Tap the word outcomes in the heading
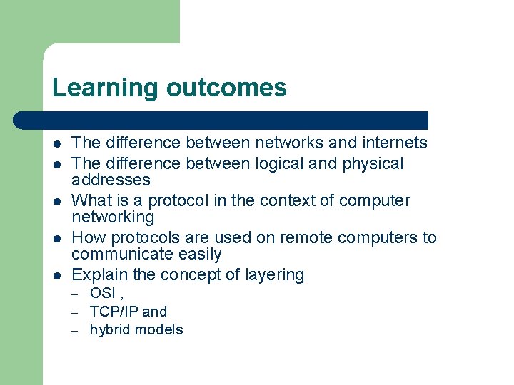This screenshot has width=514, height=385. [226, 88]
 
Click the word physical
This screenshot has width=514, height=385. [373, 163]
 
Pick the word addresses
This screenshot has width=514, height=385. [111, 180]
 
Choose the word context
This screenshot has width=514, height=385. [291, 200]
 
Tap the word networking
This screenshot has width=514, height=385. [113, 217]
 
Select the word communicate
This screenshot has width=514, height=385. [120, 254]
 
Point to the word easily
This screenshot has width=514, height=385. [196, 254]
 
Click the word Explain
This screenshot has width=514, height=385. [98, 274]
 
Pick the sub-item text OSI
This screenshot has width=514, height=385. [103, 293]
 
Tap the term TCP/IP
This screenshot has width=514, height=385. [114, 312]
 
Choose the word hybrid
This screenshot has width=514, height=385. [110, 329]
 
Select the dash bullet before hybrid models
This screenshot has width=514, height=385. [75, 329]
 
